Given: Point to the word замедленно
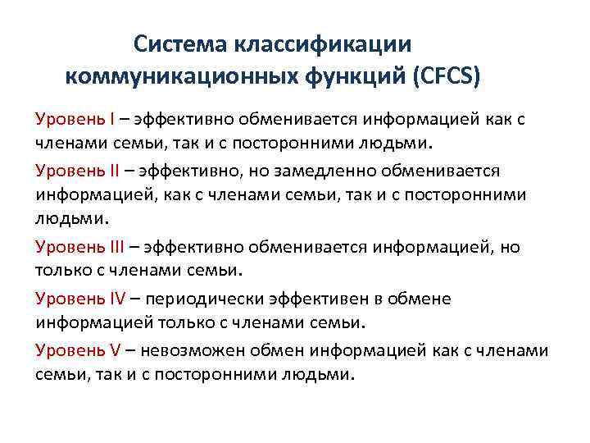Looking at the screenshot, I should (320, 170).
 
